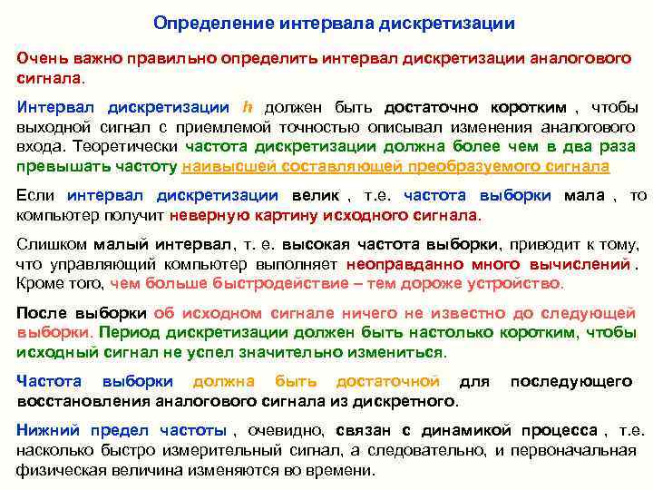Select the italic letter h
pyautogui.click(x=249, y=106)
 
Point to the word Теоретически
pyautogui.click(x=135, y=146)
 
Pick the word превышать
pyautogui.click(x=54, y=166)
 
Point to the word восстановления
pyautogui.click(x=83, y=400)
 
